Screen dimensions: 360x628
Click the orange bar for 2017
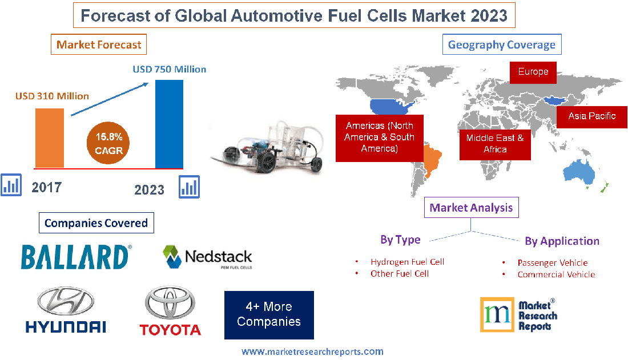(x=50, y=137)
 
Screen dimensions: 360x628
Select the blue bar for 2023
(x=169, y=124)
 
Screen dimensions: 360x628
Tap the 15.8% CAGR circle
(x=108, y=144)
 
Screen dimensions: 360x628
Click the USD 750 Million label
(x=170, y=69)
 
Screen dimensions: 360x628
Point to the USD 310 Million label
(x=52, y=96)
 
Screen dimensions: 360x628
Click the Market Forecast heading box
(x=99, y=45)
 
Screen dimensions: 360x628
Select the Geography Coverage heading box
(x=501, y=45)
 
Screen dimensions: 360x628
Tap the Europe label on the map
(x=533, y=72)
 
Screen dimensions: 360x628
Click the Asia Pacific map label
(x=591, y=116)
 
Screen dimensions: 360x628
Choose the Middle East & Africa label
(x=494, y=143)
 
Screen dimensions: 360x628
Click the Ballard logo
(x=76, y=257)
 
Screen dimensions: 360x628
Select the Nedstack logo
(x=207, y=257)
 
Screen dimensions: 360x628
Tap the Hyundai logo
(x=66, y=310)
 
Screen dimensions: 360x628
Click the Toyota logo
(x=170, y=312)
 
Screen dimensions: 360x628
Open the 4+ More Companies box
(x=269, y=314)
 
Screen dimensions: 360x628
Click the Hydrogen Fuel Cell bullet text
(x=407, y=262)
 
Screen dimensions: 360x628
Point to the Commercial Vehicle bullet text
(x=555, y=274)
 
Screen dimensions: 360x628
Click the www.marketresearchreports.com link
(x=312, y=351)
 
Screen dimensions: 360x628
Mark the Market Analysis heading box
(x=471, y=208)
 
